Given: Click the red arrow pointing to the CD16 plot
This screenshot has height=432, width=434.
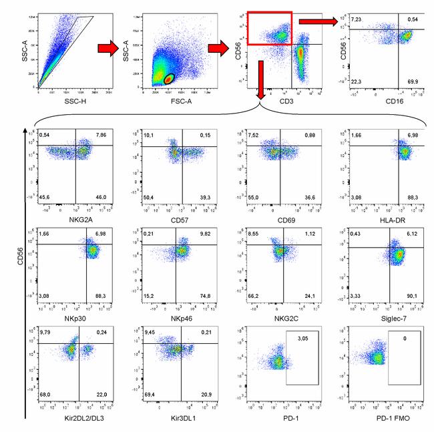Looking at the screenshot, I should point(317,21).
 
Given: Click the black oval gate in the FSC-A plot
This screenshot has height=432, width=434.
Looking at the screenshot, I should point(170,79).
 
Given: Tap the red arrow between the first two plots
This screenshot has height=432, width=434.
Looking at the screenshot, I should point(108,49).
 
